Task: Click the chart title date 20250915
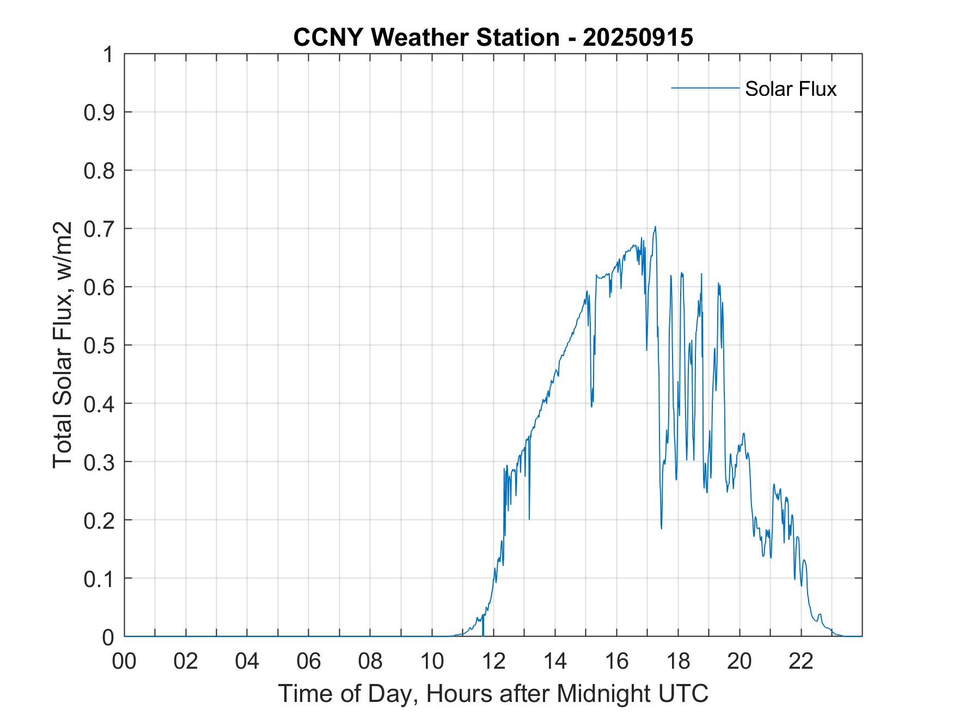638,38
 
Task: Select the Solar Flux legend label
790,89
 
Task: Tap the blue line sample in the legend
705,88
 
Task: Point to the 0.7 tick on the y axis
100,229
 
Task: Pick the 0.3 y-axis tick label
100,462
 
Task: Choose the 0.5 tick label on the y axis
100,346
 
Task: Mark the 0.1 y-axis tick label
100,579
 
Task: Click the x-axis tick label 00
124,661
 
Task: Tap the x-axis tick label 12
493,661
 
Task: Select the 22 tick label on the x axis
801,661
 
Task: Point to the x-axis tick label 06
309,661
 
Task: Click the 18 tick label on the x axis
678,661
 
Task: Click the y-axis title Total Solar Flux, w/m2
63,345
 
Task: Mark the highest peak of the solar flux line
655,227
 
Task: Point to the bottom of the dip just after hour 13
529,519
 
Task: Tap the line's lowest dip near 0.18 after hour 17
661,528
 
